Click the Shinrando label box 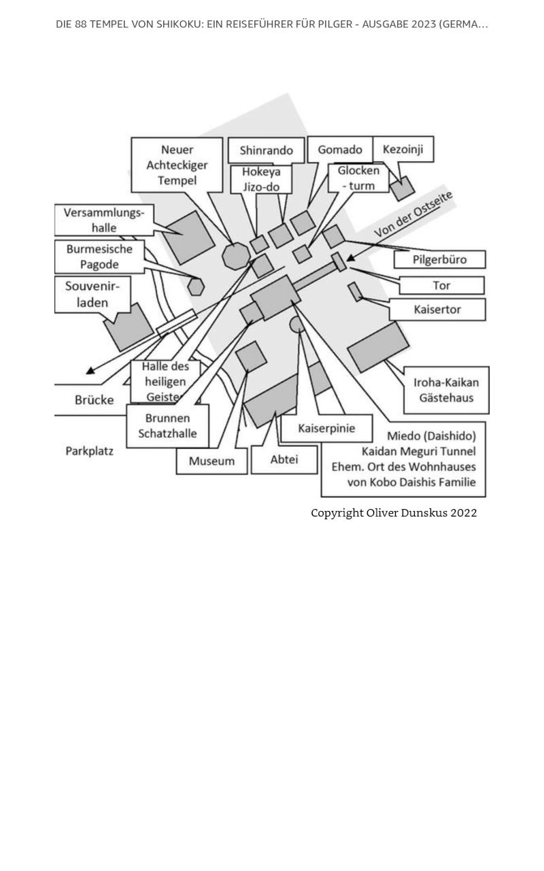tap(266, 150)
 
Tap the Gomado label tap(340, 150)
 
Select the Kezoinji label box tap(403, 149)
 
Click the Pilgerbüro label tap(439, 259)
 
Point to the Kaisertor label tap(437, 310)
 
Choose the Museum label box tap(211, 461)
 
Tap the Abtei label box tap(284, 459)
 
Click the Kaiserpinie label tap(326, 428)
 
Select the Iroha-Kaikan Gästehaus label tap(447, 390)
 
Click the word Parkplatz tap(89, 451)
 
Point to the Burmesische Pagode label tap(99, 257)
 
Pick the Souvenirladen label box tap(92, 295)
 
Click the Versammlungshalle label tap(104, 220)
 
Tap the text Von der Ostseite tap(413, 214)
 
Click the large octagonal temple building tap(236, 257)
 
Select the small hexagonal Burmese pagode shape tap(196, 287)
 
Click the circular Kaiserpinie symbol tap(297, 325)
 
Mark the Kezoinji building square tap(403, 188)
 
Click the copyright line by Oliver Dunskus tap(394, 513)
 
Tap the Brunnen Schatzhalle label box tap(168, 426)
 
